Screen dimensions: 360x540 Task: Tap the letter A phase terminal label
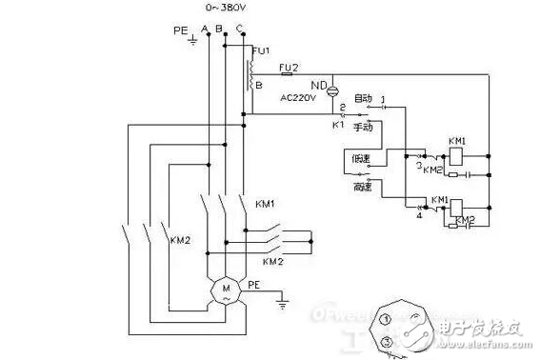pyautogui.click(x=207, y=29)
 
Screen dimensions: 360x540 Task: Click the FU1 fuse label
pyautogui.click(x=262, y=49)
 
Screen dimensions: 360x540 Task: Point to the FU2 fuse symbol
pyautogui.click(x=288, y=73)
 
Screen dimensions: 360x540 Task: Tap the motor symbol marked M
pyautogui.click(x=227, y=289)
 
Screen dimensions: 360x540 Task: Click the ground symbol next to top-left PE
pyautogui.click(x=193, y=40)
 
